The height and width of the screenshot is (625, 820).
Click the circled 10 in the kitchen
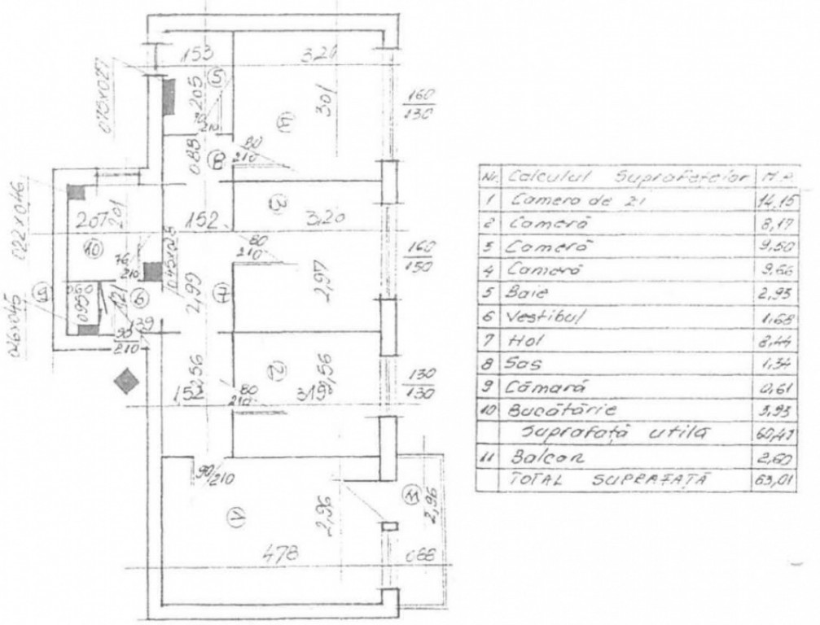(92, 251)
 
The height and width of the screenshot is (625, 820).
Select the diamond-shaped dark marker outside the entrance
(125, 380)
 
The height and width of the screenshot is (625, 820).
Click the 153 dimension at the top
(195, 55)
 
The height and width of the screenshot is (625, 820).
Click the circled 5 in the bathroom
(217, 78)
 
